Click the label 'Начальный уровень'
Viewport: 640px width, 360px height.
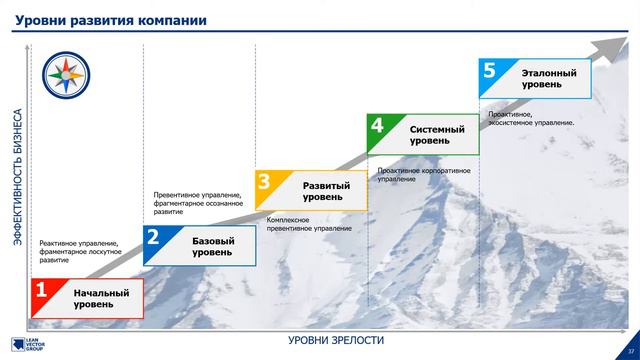point(101,298)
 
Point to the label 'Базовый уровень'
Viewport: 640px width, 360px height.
point(212,246)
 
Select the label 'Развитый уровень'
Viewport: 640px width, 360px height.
point(326,191)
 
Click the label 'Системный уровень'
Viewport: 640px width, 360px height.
point(438,135)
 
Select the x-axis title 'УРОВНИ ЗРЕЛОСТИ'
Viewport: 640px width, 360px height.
point(336,341)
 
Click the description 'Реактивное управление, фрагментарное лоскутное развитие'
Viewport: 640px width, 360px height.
point(80,251)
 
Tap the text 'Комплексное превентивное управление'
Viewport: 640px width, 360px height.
point(309,224)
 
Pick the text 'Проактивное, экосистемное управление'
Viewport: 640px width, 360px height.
point(531,118)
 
